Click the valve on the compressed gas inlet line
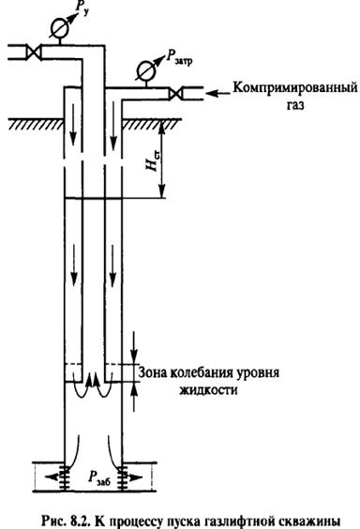[175, 92]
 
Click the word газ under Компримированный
[277, 107]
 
